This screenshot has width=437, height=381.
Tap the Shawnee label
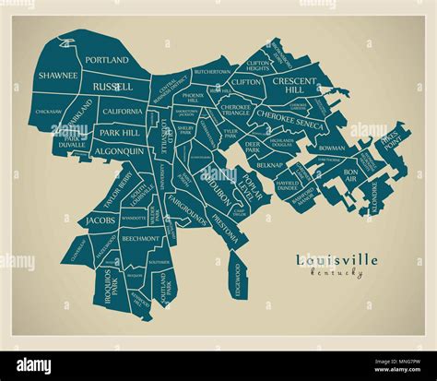(x=57, y=77)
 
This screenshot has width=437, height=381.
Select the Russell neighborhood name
(x=112, y=87)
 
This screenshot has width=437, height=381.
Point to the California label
(x=122, y=112)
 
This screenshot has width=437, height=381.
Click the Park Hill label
(x=119, y=133)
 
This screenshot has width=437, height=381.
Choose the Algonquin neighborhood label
(x=119, y=150)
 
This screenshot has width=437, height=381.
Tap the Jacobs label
(x=100, y=221)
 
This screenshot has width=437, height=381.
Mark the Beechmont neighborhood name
(x=141, y=238)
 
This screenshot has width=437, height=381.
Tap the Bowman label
(x=331, y=148)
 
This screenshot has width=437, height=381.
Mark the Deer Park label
(x=254, y=146)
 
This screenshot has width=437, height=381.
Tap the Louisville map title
(x=337, y=260)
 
